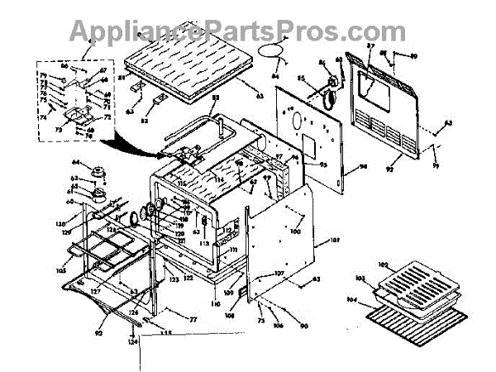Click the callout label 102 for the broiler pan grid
click(383, 265)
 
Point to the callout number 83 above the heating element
click(215, 99)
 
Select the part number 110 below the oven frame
click(217, 303)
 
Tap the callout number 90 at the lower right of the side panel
click(304, 327)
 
